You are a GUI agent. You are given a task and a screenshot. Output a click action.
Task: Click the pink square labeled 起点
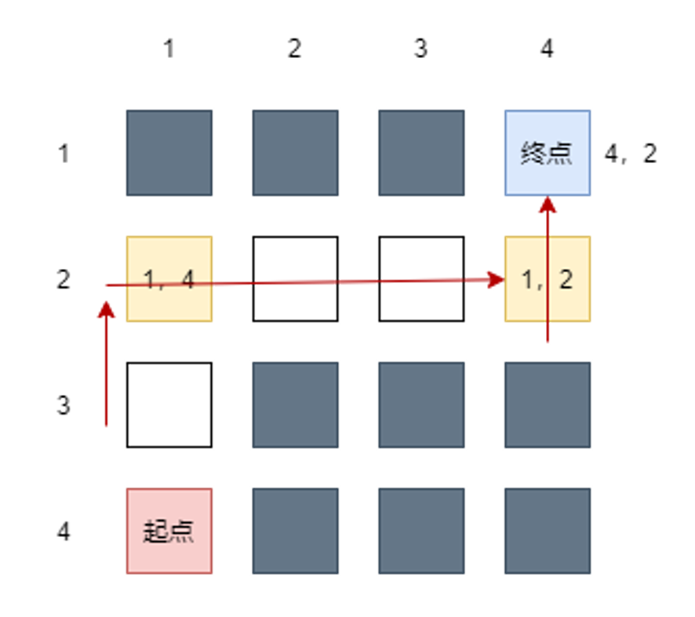click(169, 531)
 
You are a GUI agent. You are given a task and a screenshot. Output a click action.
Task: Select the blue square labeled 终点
click(547, 153)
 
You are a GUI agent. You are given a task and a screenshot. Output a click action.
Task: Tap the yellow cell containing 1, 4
click(169, 278)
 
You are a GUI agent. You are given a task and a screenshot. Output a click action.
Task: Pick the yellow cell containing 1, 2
click(547, 278)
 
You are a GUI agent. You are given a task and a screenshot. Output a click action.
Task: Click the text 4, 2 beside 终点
click(630, 154)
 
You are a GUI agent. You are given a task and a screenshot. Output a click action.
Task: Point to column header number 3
click(420, 49)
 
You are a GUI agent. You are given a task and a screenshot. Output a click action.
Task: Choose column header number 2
click(294, 49)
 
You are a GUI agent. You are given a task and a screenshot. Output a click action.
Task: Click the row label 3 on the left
click(64, 405)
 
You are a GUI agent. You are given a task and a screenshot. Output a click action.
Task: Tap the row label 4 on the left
click(64, 532)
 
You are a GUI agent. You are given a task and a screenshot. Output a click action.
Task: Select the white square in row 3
click(169, 405)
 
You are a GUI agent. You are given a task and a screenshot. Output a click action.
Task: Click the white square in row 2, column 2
click(295, 278)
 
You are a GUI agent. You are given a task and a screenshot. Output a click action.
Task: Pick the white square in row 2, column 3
click(421, 278)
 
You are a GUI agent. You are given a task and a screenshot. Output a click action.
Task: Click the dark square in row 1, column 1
click(169, 153)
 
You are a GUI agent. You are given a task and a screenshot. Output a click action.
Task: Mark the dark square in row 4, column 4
click(547, 531)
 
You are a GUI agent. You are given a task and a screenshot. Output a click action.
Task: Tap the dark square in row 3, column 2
click(295, 405)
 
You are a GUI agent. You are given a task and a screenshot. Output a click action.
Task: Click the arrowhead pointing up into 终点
click(548, 204)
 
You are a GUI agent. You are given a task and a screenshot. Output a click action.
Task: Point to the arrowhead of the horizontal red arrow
click(497, 280)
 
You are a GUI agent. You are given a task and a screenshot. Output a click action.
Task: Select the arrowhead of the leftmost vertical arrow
click(107, 309)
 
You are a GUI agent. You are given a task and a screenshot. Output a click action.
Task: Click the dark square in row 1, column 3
click(421, 153)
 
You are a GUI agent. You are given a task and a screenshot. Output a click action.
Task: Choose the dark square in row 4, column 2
click(295, 531)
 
